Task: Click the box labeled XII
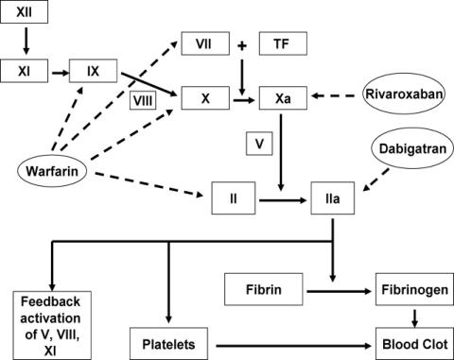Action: (24, 12)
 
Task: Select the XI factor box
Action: (24, 71)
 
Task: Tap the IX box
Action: (93, 71)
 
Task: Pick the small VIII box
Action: (143, 101)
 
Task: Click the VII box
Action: (205, 43)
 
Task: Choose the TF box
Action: (283, 43)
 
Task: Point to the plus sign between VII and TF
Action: (242, 46)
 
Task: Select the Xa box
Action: (283, 98)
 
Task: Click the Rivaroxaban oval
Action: (404, 94)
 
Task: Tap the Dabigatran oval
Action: (412, 148)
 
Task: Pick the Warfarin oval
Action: (52, 171)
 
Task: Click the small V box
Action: (259, 144)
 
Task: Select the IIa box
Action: (332, 198)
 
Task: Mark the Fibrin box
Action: (264, 289)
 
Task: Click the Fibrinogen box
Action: (414, 289)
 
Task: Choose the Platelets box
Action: (168, 344)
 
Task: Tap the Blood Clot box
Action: (414, 344)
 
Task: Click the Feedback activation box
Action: (52, 325)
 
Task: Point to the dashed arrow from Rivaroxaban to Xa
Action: (333, 95)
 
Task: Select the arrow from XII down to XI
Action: (26, 41)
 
